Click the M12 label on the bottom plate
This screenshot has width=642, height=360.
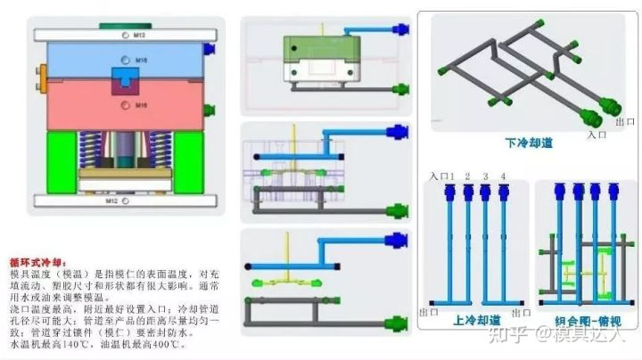coord(112,201)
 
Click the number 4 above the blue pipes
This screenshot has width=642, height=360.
coord(504,176)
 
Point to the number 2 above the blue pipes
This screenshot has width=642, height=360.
coord(466,176)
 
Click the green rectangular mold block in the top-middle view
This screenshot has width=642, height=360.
coord(321,45)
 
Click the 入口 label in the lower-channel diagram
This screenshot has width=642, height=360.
coord(597,135)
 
